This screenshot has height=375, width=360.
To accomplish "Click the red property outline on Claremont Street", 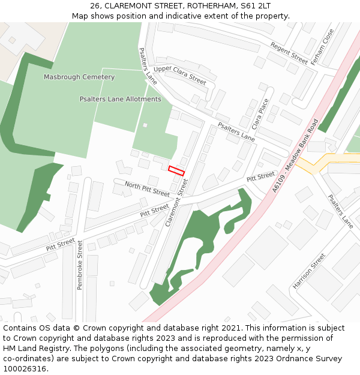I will tap(176, 170).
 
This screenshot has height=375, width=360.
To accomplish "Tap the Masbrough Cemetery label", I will tap(79, 77).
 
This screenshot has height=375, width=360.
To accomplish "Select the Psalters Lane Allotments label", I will tap(121, 99).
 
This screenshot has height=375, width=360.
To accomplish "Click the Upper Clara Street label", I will tap(180, 76).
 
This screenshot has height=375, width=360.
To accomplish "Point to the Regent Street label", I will tap(289, 53).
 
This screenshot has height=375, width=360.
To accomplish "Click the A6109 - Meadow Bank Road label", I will tap(295, 155).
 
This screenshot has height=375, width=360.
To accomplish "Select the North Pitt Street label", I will tap(147, 190).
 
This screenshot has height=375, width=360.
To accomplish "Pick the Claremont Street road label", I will tap(177, 203).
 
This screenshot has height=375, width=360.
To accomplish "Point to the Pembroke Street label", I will tap(80, 265).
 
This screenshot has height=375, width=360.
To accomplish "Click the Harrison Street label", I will tap(309, 271).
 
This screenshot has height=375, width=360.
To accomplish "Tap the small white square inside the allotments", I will tap(145, 125).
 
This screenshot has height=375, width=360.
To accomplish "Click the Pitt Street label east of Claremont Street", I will tap(260, 177).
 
